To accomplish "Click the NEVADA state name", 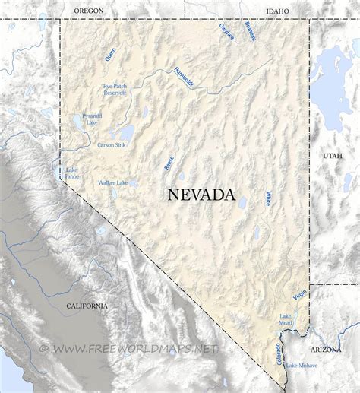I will pyautogui.click(x=201, y=195).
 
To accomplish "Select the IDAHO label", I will pyautogui.click(x=278, y=10).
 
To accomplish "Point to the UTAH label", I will pyautogui.click(x=333, y=156).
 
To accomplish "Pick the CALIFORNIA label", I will pyautogui.click(x=87, y=306).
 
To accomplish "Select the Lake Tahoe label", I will pyautogui.click(x=72, y=173).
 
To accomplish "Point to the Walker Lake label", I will pyautogui.click(x=112, y=183).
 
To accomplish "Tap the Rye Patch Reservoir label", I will pyautogui.click(x=115, y=90).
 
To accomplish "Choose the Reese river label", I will pyautogui.click(x=169, y=162).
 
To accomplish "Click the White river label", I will pyautogui.click(x=268, y=198).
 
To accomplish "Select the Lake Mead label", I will pyautogui.click(x=286, y=319).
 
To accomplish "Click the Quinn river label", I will pyautogui.click(x=111, y=54).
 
